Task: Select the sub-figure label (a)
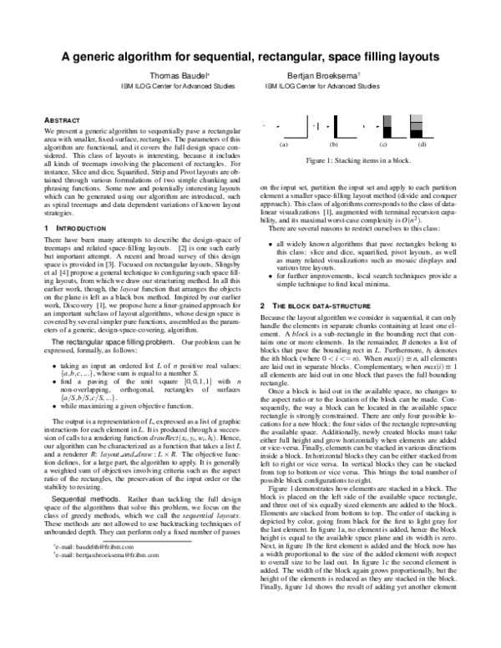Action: click(284, 144)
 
